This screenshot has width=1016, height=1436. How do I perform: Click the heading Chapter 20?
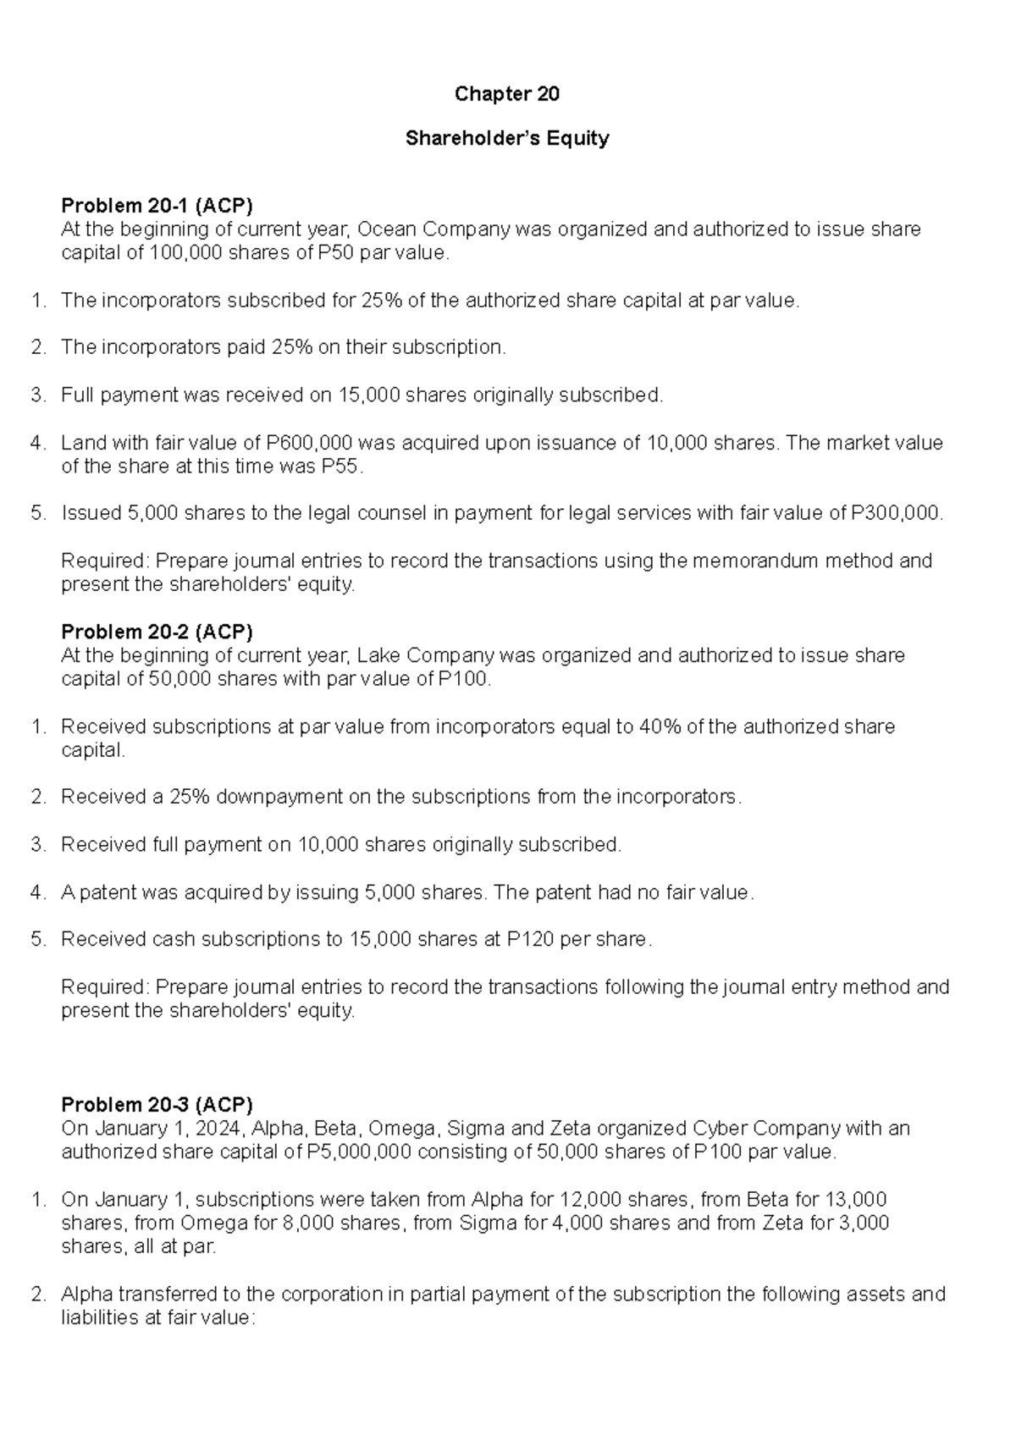point(506,94)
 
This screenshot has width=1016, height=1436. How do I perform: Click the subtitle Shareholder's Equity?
point(506,138)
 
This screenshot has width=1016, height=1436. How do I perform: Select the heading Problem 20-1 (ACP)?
point(157,206)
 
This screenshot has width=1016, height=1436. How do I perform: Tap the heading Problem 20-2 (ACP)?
point(157,632)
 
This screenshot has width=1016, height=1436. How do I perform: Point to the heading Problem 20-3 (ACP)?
point(157,1105)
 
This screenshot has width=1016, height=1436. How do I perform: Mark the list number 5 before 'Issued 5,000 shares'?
point(36,513)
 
